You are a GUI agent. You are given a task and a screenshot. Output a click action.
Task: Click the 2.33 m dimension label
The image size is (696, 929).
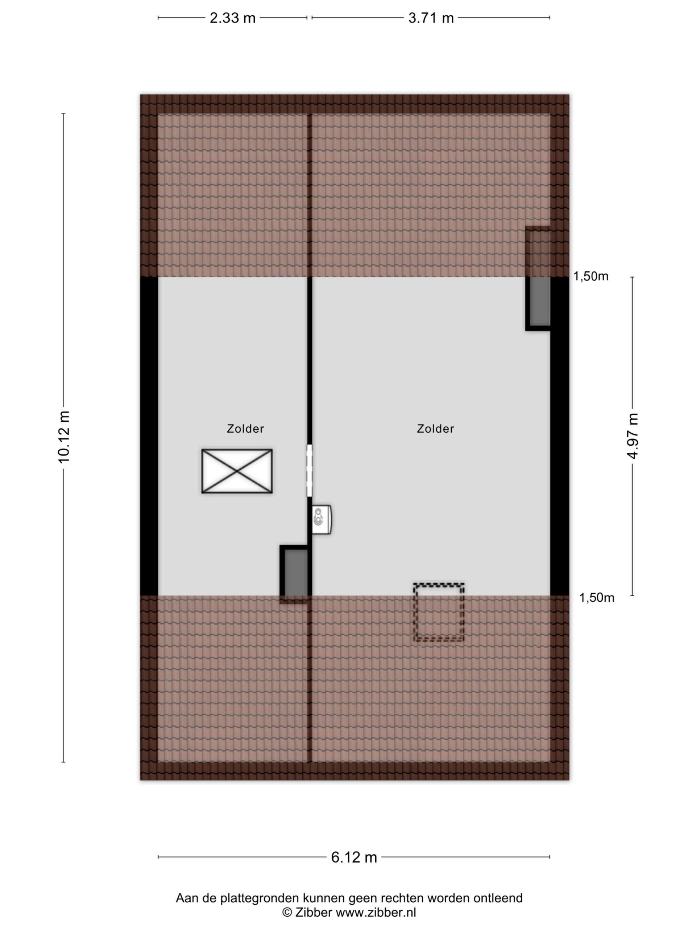[x=232, y=18]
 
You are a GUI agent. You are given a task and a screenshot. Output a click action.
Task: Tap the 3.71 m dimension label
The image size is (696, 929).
[x=431, y=18]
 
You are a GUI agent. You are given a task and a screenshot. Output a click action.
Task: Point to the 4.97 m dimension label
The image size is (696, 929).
[x=633, y=435]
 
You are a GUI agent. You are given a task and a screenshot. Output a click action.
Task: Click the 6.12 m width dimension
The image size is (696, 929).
[x=354, y=857]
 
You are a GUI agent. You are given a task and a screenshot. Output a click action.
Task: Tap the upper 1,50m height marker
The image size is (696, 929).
[x=591, y=277]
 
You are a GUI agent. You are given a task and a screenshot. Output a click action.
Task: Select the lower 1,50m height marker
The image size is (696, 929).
[x=597, y=598]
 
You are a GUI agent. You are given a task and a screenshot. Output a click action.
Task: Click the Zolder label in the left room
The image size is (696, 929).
[x=245, y=429]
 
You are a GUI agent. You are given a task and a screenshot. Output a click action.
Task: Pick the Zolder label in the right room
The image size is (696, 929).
[x=435, y=429]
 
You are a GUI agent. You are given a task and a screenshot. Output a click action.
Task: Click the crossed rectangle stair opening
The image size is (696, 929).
[x=237, y=471]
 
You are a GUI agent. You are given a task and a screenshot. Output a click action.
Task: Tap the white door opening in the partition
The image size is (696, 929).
[x=310, y=470]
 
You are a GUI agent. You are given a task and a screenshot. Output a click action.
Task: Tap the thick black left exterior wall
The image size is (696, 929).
[x=149, y=436]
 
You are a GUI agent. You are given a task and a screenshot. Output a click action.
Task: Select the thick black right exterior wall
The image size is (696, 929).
[x=560, y=436]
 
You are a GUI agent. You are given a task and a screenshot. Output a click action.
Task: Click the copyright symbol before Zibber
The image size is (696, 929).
[x=287, y=912]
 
